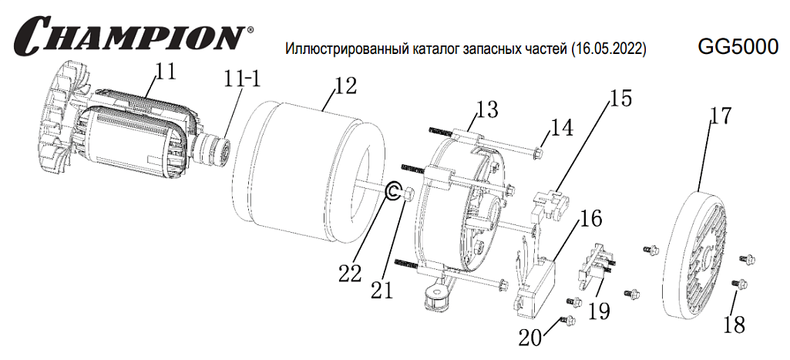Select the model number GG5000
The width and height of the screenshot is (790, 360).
[x=738, y=47]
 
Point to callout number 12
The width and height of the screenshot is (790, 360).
[x=345, y=86]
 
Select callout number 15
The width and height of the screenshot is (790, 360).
[x=620, y=98]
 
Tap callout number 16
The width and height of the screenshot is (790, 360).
[x=590, y=219]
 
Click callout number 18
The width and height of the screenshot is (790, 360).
[x=734, y=325]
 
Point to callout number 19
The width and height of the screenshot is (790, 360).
[x=598, y=311]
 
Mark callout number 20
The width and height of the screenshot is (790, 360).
[x=530, y=338]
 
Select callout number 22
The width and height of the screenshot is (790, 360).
[x=350, y=274]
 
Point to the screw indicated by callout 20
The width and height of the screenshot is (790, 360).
[x=567, y=319]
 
